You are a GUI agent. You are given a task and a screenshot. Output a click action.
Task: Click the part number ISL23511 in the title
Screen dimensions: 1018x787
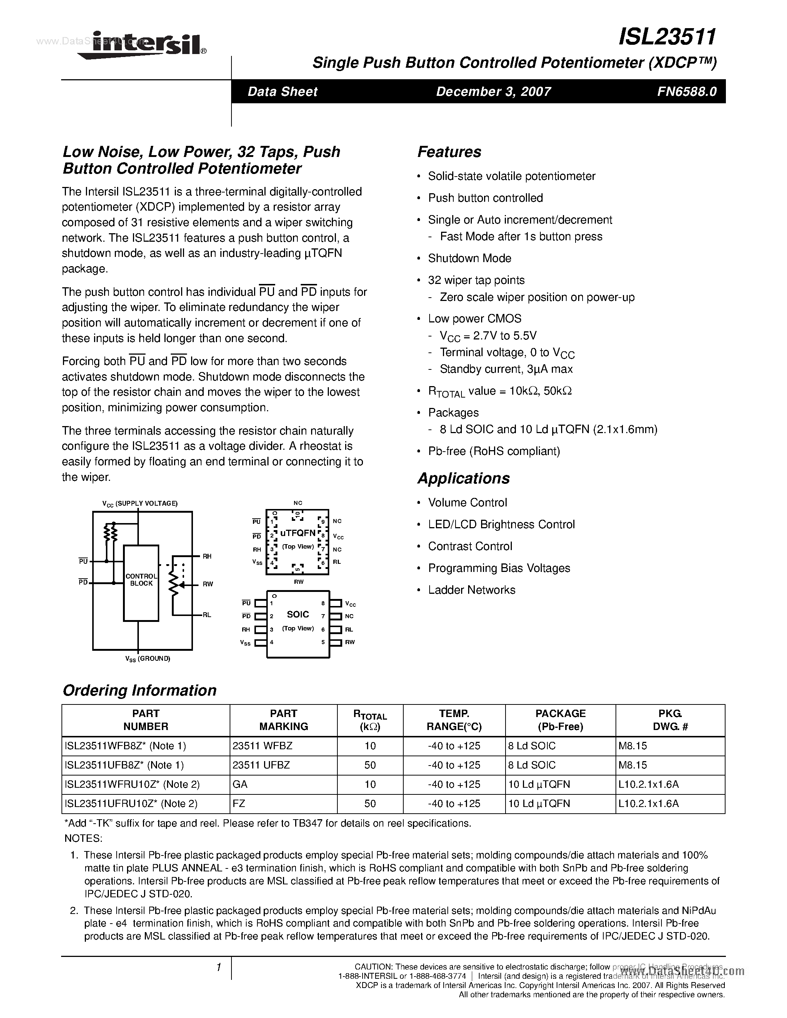[667, 36]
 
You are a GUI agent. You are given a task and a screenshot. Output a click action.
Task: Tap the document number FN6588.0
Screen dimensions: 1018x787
[686, 91]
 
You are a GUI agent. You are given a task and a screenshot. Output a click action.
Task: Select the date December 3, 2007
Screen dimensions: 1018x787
[493, 91]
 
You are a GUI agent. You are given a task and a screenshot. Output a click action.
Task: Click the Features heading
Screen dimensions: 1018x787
[449, 152]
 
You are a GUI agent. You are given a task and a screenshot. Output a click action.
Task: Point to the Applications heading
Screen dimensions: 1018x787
[463, 478]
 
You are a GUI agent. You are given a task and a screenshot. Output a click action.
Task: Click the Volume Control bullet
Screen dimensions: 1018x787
[467, 502]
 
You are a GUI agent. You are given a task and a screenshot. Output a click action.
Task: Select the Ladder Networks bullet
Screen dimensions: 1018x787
[471, 590]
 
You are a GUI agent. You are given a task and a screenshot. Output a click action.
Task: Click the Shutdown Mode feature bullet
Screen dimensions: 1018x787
[470, 258]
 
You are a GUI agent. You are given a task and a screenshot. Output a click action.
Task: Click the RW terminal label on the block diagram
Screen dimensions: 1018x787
[207, 584]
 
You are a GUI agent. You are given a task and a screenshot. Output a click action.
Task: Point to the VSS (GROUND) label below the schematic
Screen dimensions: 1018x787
[147, 659]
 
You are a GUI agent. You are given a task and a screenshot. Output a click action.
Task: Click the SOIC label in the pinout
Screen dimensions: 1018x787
[298, 615]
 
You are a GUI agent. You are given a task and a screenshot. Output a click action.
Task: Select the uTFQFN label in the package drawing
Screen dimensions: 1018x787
[298, 533]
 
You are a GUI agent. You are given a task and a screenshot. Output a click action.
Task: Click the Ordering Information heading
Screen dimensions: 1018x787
[139, 690]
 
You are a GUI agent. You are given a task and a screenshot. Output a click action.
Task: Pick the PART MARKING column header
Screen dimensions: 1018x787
[283, 720]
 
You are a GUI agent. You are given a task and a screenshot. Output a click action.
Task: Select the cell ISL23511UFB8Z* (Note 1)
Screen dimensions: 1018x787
[124, 765]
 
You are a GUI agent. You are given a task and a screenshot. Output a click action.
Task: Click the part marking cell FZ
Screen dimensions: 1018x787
[239, 804]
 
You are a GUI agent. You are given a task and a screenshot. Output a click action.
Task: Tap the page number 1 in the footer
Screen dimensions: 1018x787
[218, 968]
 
